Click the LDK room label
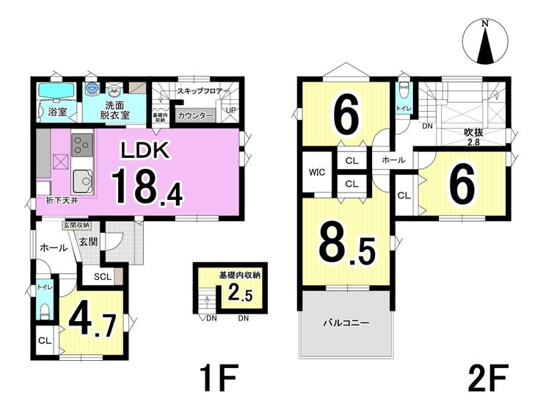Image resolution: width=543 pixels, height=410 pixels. pyautogui.click(x=145, y=150)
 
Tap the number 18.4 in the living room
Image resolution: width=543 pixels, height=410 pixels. pyautogui.click(x=147, y=187)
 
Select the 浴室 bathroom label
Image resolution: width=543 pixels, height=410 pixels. pyautogui.click(x=57, y=112)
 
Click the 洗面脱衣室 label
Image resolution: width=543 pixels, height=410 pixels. pyautogui.click(x=115, y=110)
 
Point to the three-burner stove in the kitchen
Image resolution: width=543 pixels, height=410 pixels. pyautogui.click(x=82, y=145)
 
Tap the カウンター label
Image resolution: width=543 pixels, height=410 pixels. pyautogui.click(x=196, y=116)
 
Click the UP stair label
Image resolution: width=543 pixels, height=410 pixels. pyautogui.click(x=230, y=110)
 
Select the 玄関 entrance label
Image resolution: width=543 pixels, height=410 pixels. pyautogui.click(x=88, y=242)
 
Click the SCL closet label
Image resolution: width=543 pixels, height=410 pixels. pyautogui.click(x=103, y=276)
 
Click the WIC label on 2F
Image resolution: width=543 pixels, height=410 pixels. pyautogui.click(x=317, y=172)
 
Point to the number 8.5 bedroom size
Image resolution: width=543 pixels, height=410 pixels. pyautogui.click(x=346, y=245)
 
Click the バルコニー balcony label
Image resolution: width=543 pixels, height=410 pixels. pyautogui.click(x=346, y=323)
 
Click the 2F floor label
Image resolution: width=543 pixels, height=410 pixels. pyautogui.click(x=488, y=378)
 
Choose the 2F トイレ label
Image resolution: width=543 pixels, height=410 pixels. pyautogui.click(x=404, y=109)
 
